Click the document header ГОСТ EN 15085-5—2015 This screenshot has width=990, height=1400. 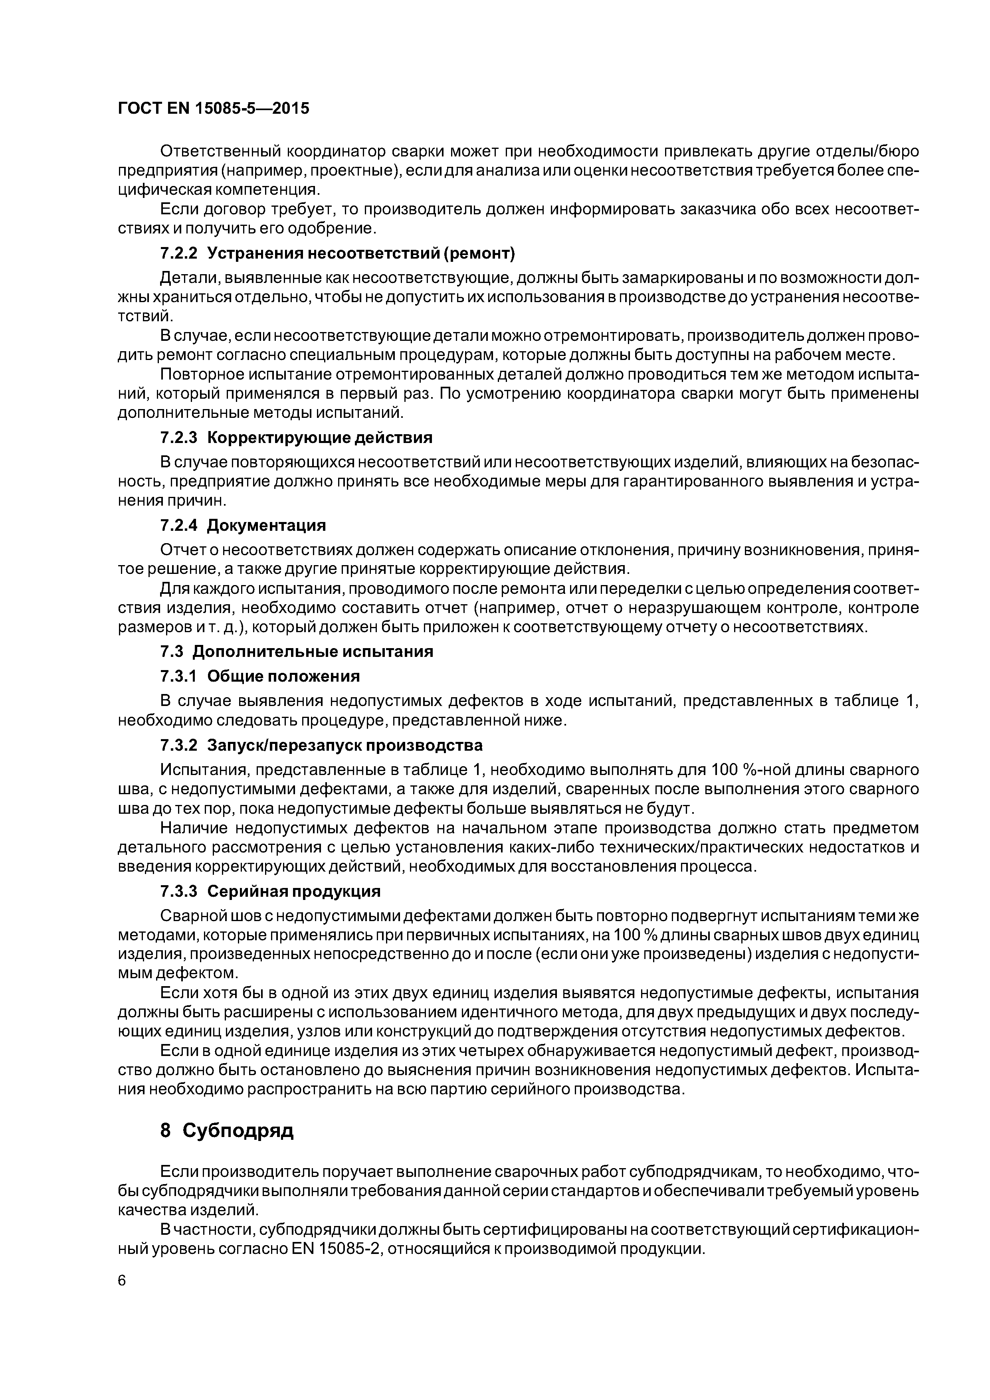[x=214, y=109]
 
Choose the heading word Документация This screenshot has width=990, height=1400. [x=267, y=526]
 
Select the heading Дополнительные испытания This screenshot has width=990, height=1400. [x=313, y=652]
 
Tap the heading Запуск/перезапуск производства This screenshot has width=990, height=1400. [x=345, y=745]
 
